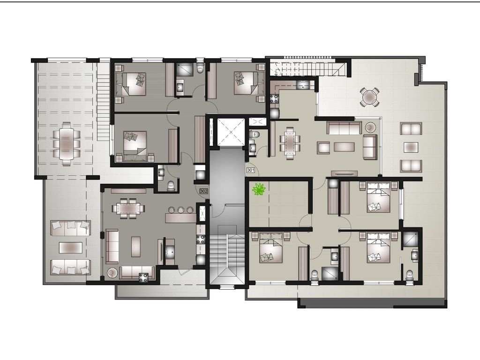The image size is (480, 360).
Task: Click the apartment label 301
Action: pyautogui.click(x=250, y=170)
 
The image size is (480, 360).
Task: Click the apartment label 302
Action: pyautogui.click(x=203, y=191)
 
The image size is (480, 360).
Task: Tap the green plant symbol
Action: pyautogui.click(x=259, y=189)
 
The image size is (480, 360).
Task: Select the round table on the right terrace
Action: pyautogui.click(x=370, y=97)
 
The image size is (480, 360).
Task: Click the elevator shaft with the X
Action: pyautogui.click(x=231, y=132)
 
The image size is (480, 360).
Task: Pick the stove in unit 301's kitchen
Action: pyautogui.click(x=274, y=99)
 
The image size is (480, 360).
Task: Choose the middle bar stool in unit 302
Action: pyautogui.click(x=180, y=210)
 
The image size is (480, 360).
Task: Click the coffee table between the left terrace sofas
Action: pyautogui.click(x=70, y=247)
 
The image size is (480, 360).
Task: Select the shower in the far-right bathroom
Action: pyautogui.click(x=410, y=239)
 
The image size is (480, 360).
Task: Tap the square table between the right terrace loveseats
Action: pyautogui.click(x=411, y=147)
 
